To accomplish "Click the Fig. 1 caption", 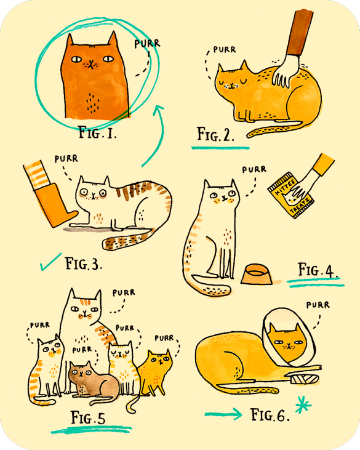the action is pyautogui.click(x=97, y=133).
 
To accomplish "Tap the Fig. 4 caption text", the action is pyautogui.click(x=318, y=270).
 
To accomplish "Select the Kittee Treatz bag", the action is pyautogui.click(x=290, y=195).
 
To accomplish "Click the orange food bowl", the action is pyautogui.click(x=256, y=275).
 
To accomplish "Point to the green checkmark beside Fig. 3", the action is pyautogui.click(x=50, y=262).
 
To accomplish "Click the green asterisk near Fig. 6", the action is pyautogui.click(x=303, y=404).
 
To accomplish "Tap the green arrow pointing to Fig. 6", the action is pyautogui.click(x=223, y=414).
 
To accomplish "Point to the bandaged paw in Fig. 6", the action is pyautogui.click(x=304, y=379).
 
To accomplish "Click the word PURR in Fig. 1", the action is pyautogui.click(x=147, y=43).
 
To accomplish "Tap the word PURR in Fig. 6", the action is pyautogui.click(x=318, y=305).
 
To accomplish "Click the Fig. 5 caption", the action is pyautogui.click(x=88, y=417).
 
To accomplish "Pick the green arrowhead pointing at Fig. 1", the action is pyautogui.click(x=158, y=110).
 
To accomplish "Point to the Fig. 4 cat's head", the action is pyautogui.click(x=221, y=195).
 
